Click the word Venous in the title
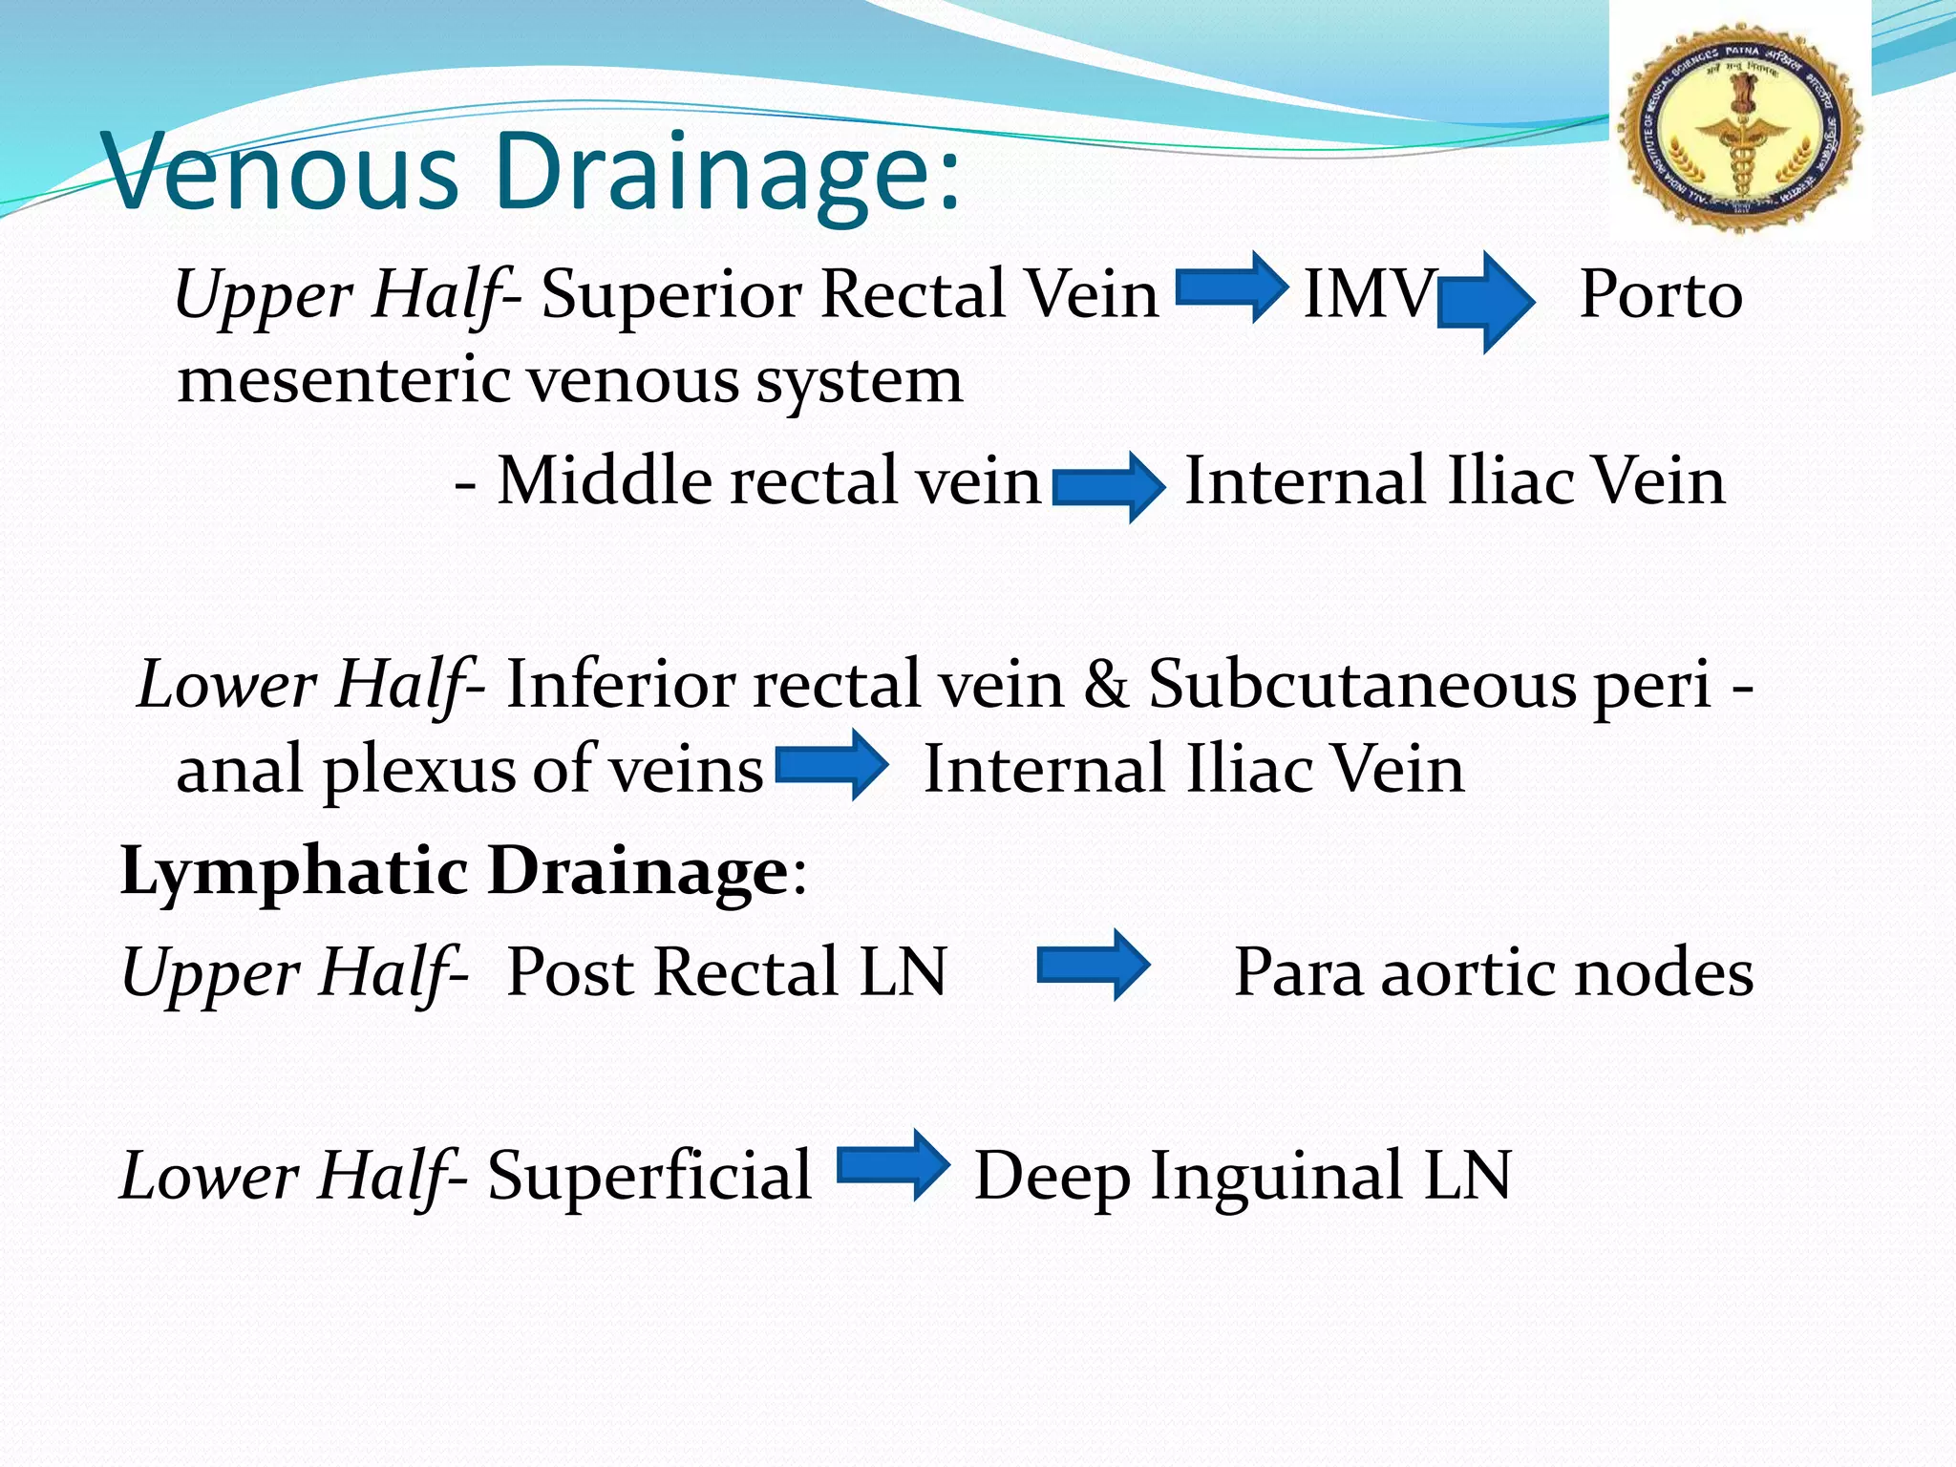[282, 173]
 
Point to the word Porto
[1661, 293]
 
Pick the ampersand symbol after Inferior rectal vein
[1106, 684]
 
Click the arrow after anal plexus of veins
[832, 765]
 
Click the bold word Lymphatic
[294, 871]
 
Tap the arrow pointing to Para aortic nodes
[1094, 966]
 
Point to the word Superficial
[649, 1175]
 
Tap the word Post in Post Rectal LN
[569, 972]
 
